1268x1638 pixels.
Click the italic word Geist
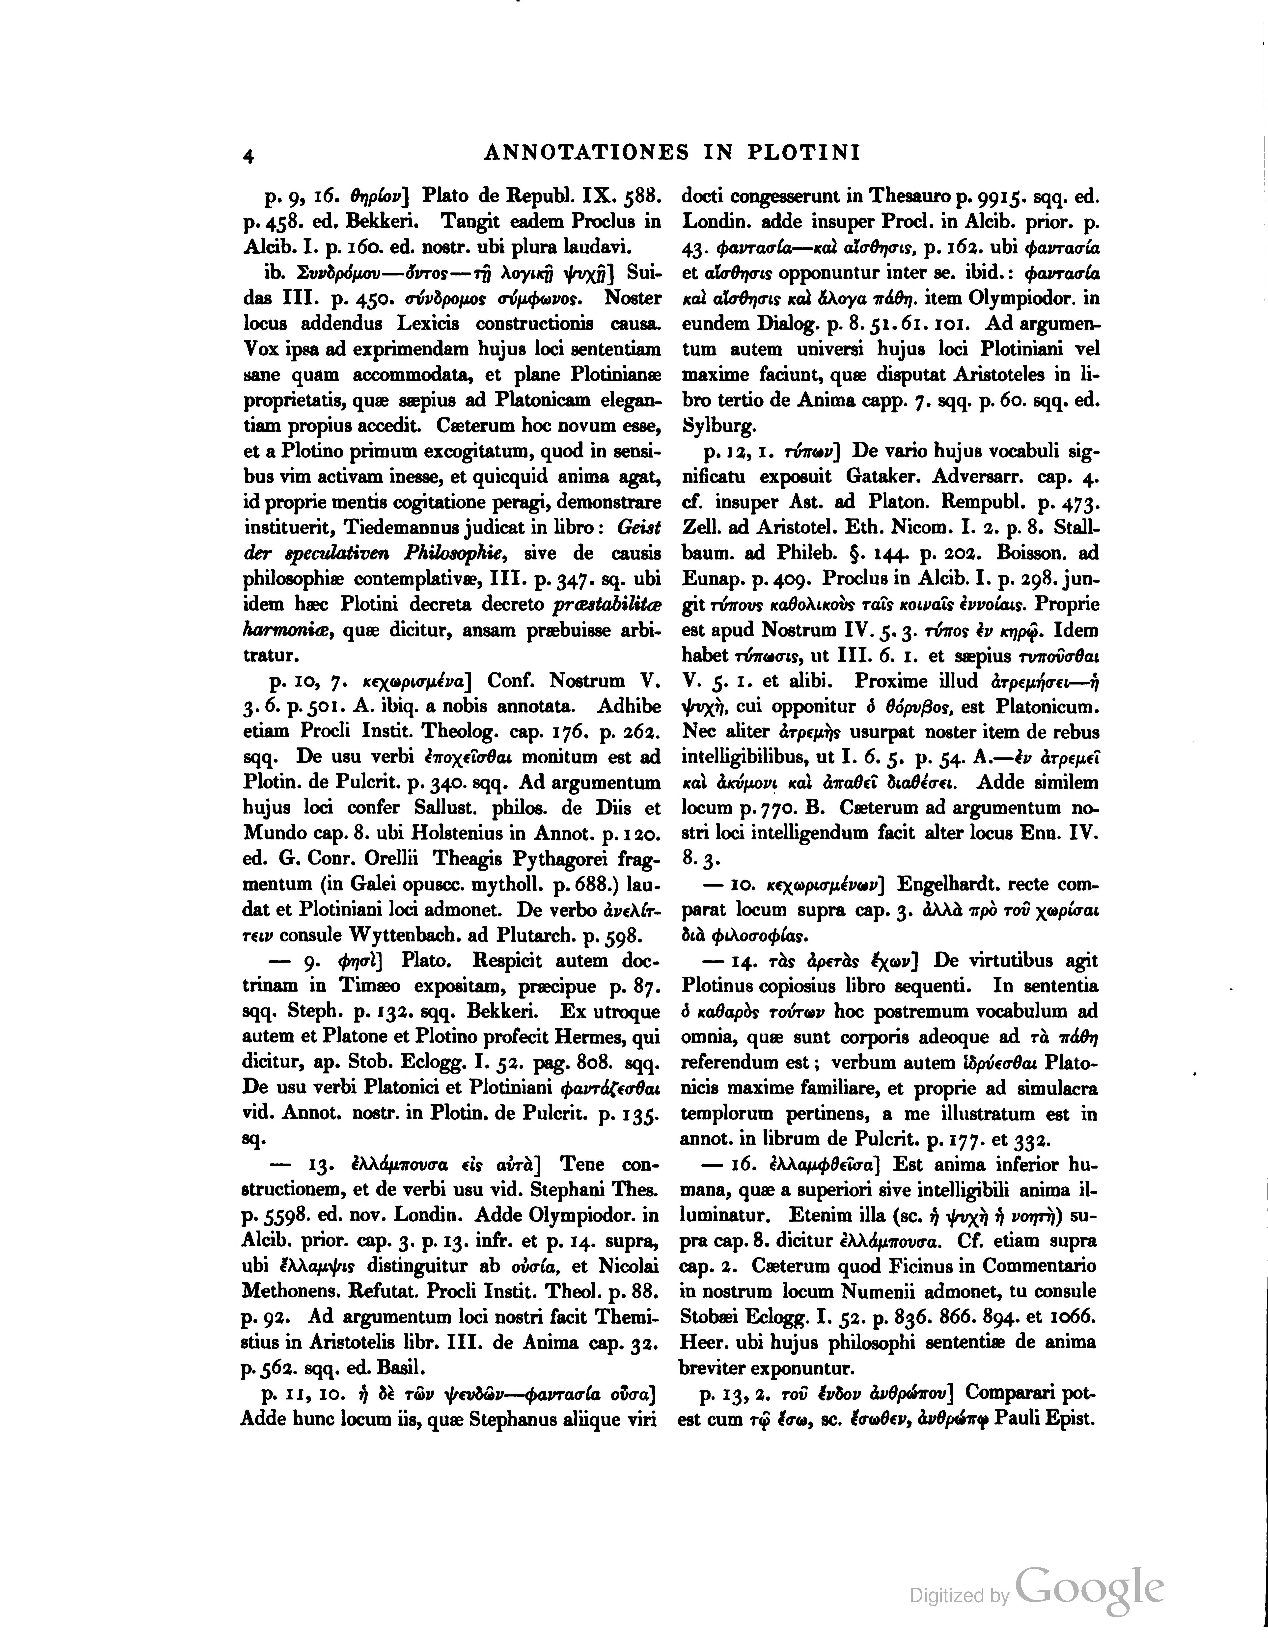pyautogui.click(x=638, y=527)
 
